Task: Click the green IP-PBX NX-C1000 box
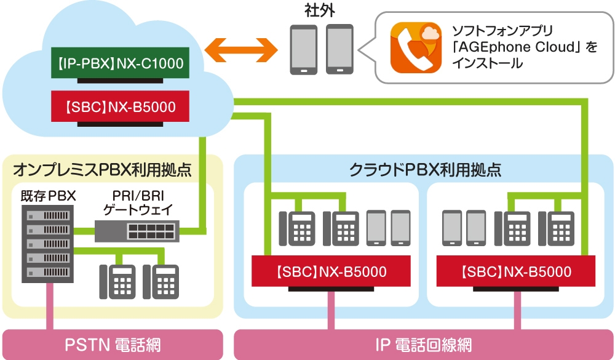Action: coord(119,63)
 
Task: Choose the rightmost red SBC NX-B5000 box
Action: coord(515,271)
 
